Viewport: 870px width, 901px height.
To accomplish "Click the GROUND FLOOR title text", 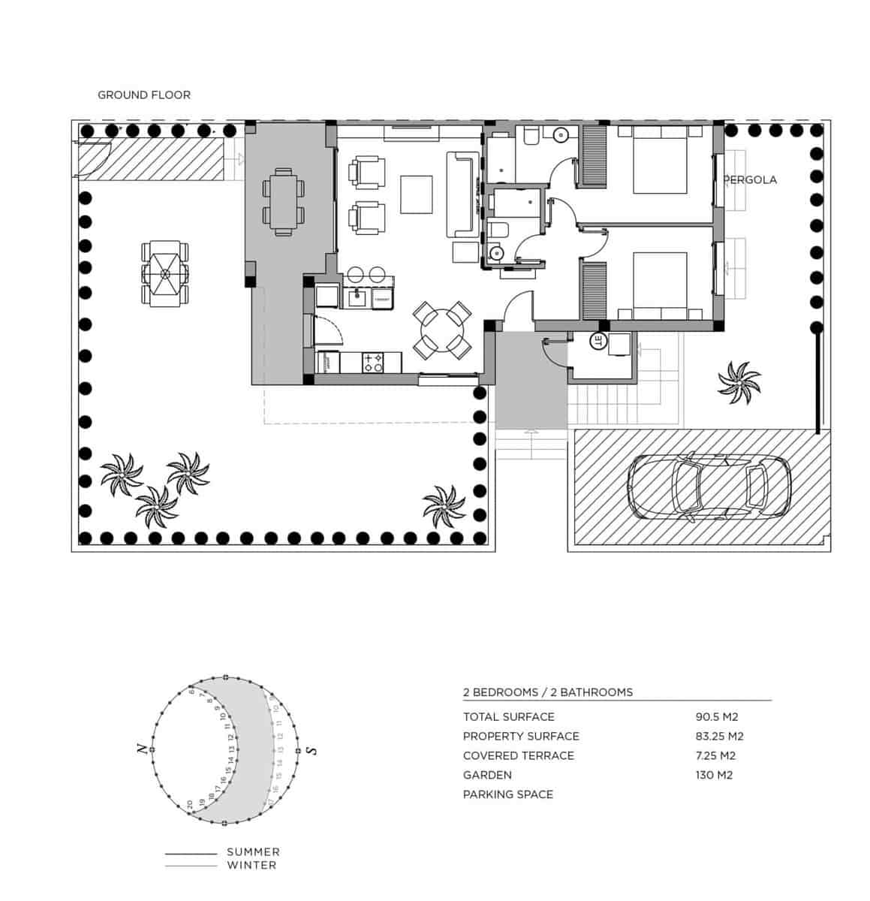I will tap(144, 95).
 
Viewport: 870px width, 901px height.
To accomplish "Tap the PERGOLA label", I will tap(750, 180).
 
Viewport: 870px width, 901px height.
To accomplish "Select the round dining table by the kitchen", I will tap(443, 329).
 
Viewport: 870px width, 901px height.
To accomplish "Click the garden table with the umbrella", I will tap(164, 273).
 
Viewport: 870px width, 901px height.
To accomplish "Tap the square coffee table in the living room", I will tap(416, 194).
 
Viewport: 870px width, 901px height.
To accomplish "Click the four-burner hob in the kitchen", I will tap(373, 363).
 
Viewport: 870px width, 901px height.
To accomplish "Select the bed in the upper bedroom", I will tap(660, 159).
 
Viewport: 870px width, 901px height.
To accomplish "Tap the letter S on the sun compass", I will tap(313, 750).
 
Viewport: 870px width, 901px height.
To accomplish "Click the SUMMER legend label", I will tap(253, 852).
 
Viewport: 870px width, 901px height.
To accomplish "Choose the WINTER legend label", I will tap(251, 866).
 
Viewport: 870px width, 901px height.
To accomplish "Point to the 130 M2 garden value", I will tap(714, 775).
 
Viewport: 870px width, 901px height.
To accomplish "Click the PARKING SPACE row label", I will tap(507, 794).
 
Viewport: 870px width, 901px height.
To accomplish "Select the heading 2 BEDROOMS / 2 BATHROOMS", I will tap(547, 692).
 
